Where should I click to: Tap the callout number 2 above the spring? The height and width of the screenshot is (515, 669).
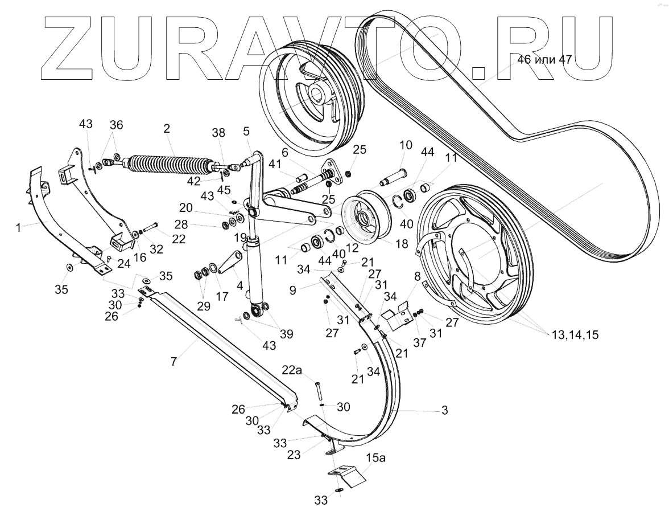coord(166,129)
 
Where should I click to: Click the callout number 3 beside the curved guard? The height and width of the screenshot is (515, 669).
coord(445,410)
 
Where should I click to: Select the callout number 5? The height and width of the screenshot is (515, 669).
coord(246,130)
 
